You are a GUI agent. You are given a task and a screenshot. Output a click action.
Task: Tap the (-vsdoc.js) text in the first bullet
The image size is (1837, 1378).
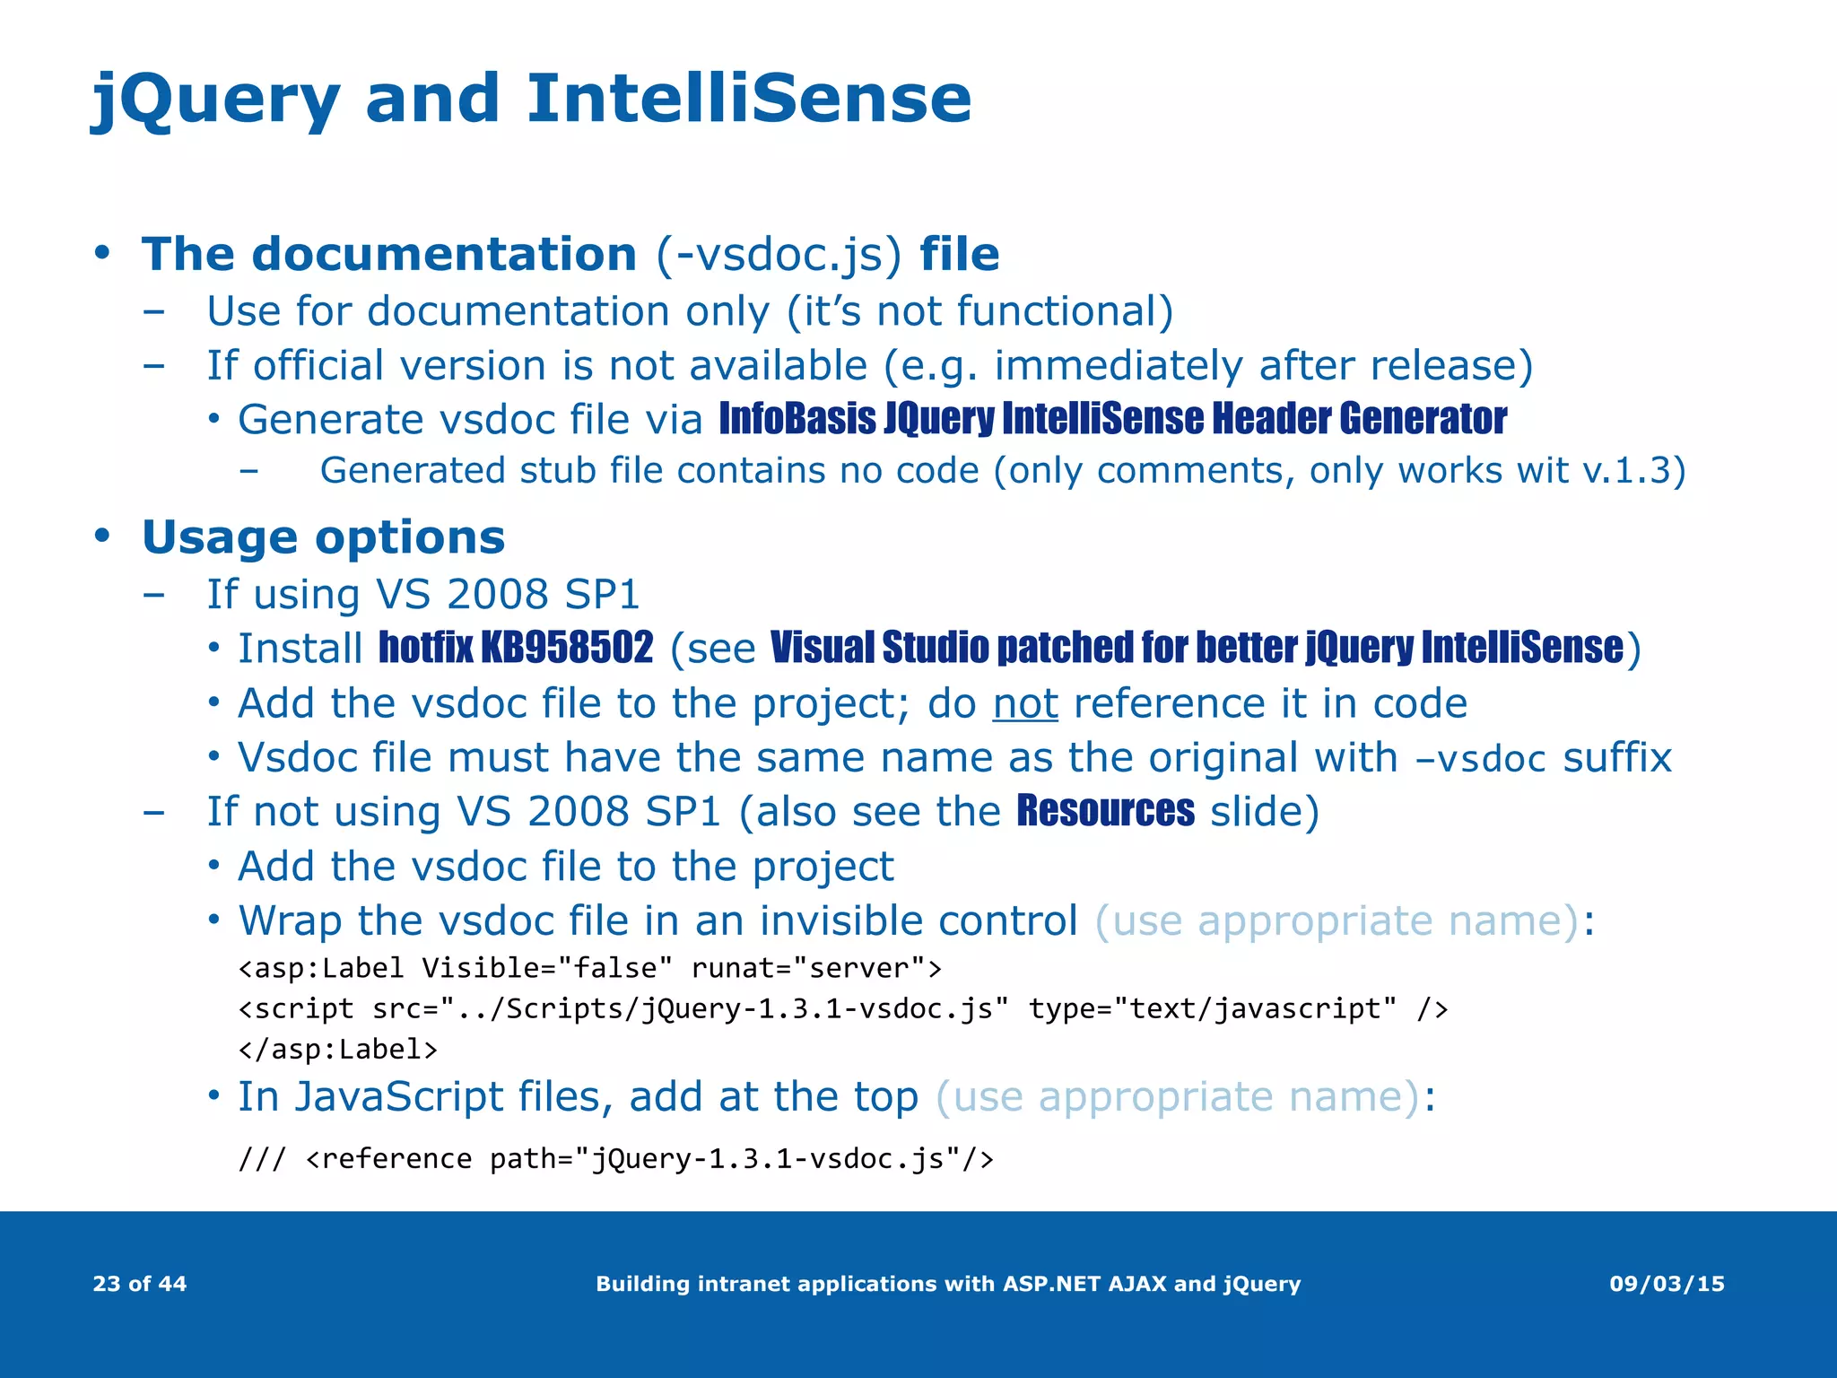[778, 254]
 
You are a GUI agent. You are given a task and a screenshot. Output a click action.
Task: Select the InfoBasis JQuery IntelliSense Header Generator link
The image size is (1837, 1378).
[1112, 419]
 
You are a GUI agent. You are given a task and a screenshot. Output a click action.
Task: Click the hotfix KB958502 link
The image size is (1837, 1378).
[516, 648]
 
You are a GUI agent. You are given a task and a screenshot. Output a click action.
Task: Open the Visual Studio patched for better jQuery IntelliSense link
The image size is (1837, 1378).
[1197, 648]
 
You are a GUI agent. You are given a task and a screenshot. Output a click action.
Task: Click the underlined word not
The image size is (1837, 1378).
[1025, 703]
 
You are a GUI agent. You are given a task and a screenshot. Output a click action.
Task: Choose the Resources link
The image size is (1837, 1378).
[1105, 811]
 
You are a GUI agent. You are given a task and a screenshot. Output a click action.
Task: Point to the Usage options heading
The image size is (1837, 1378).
[323, 537]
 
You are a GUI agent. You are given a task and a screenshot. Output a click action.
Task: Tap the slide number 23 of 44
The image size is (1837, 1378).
[140, 1284]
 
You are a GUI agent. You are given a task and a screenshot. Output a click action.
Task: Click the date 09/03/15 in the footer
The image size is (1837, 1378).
[1667, 1284]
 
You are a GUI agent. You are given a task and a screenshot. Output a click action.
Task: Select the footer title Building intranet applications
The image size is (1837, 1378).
[947, 1284]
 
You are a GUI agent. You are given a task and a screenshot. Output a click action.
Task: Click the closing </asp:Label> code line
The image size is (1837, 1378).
[338, 1049]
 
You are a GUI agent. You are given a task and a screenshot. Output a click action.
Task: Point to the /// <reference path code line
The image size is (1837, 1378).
[615, 1159]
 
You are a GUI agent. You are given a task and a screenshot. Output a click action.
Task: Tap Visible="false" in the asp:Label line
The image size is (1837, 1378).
[547, 968]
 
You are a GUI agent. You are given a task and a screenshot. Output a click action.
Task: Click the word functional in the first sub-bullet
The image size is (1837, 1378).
[1058, 311]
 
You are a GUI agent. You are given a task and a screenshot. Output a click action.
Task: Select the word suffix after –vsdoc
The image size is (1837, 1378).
[1616, 757]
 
